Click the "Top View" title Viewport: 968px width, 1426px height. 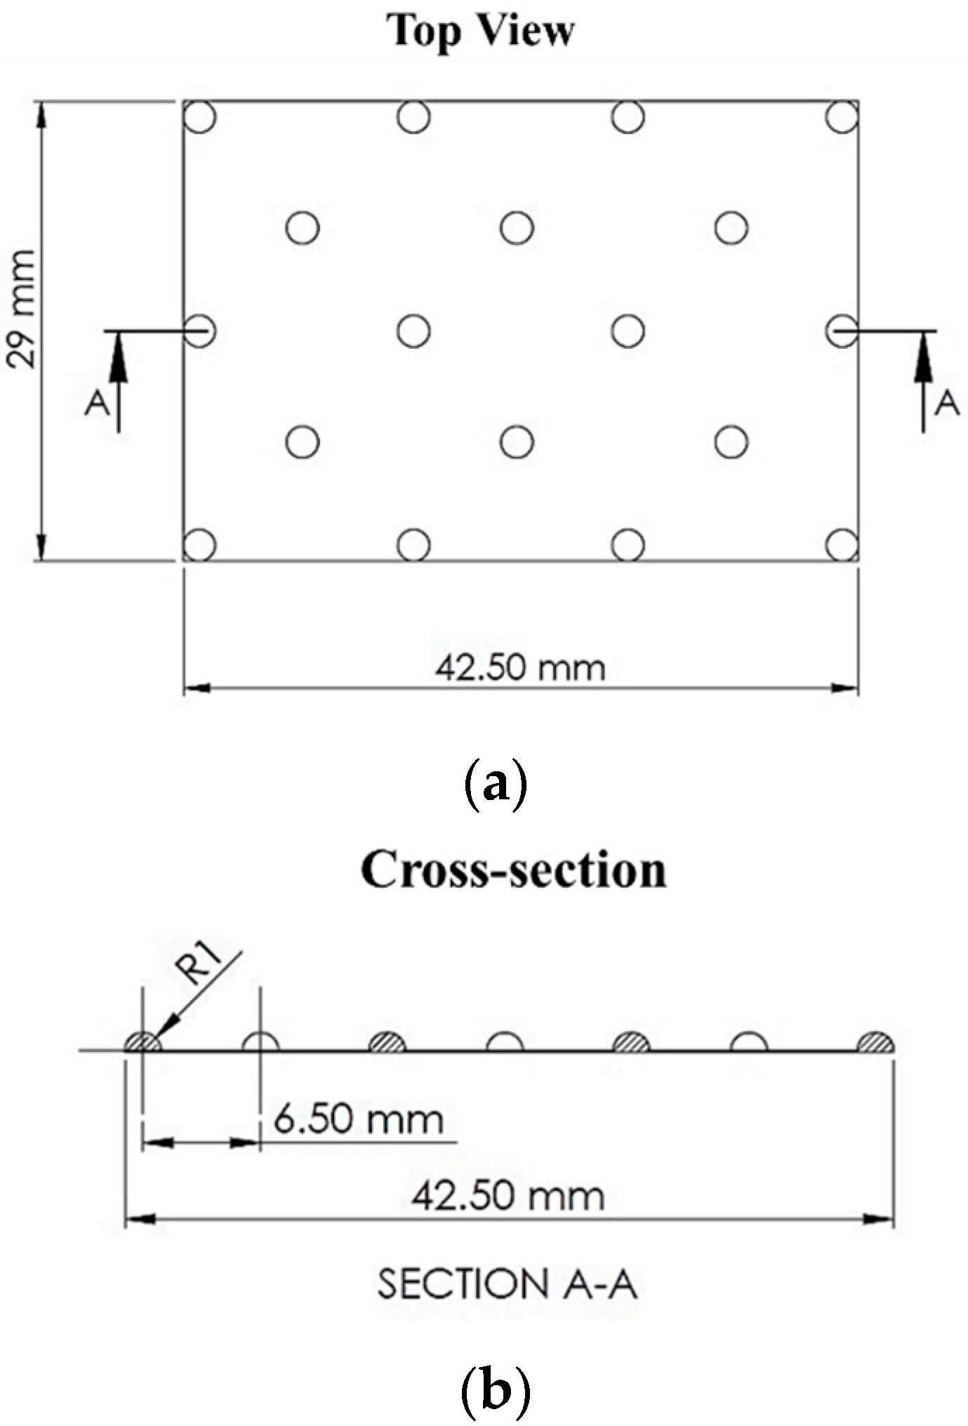click(x=481, y=32)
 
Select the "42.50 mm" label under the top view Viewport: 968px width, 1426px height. click(x=520, y=667)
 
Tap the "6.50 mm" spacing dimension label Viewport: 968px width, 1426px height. click(x=359, y=1119)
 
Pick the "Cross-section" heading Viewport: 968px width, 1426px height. click(x=513, y=870)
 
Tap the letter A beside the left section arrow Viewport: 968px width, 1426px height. click(x=98, y=403)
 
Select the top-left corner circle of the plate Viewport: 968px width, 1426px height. click(x=199, y=116)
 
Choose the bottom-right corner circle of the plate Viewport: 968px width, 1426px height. click(x=842, y=545)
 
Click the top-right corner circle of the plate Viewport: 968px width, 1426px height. click(x=842, y=116)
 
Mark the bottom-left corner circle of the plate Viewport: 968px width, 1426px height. click(x=199, y=545)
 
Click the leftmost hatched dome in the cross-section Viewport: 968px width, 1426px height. click(x=143, y=1043)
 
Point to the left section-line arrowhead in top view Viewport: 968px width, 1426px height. click(x=118, y=348)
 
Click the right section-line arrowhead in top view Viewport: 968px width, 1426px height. click(x=922, y=348)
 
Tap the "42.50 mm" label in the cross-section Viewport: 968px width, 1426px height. click(x=508, y=1196)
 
